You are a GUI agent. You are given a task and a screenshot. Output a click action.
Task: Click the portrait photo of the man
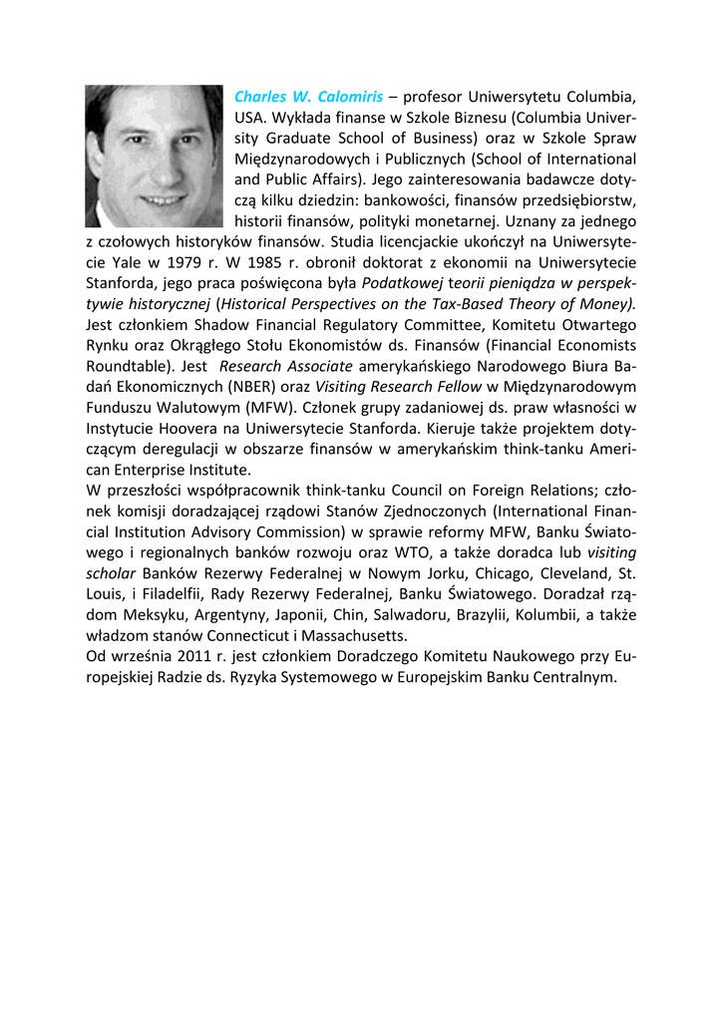154,157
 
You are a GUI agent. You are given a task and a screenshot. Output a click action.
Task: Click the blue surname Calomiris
350,98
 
